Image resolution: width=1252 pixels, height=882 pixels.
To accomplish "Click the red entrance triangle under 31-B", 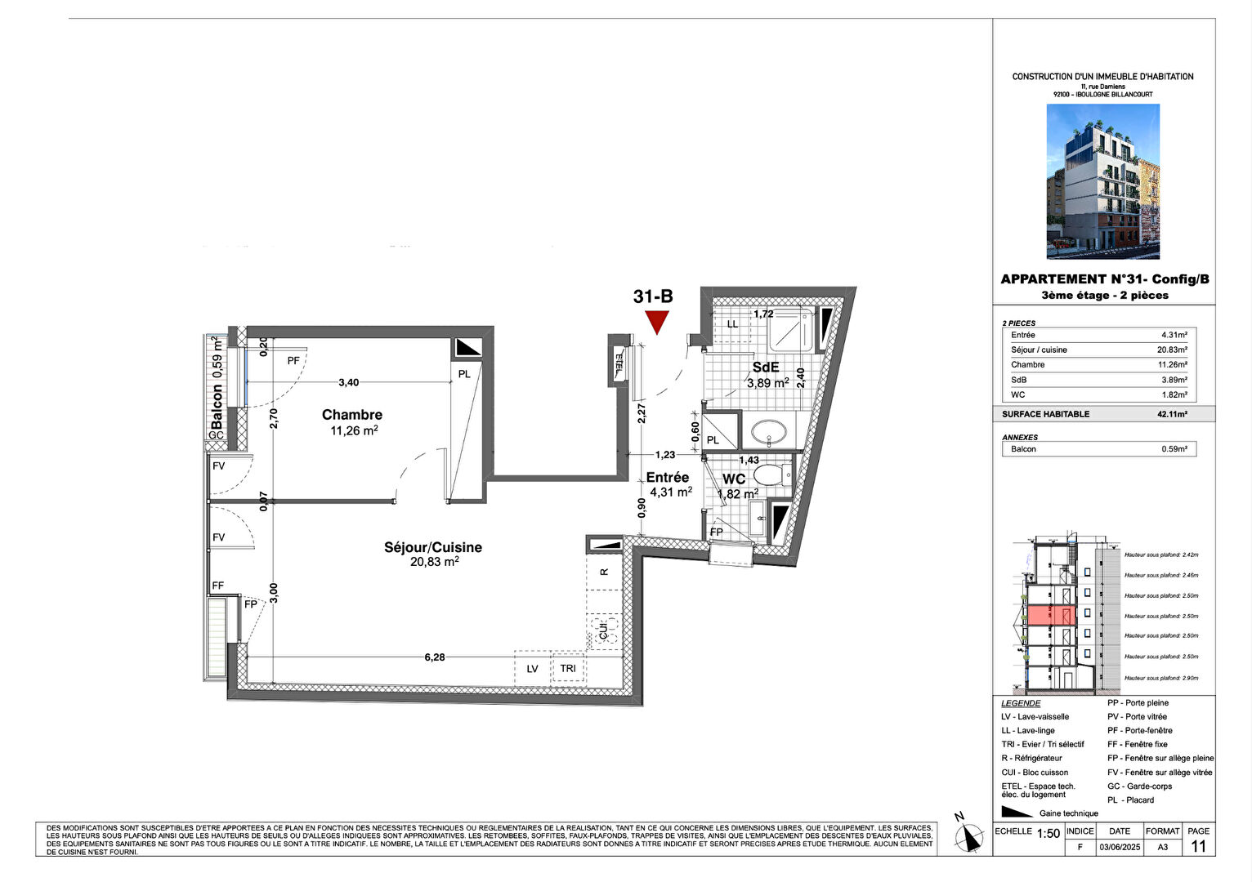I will (656, 321).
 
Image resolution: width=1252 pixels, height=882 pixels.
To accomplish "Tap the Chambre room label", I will (352, 415).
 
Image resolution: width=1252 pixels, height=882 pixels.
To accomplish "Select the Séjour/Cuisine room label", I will (433, 547).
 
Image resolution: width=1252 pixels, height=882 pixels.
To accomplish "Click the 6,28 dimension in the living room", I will (435, 657).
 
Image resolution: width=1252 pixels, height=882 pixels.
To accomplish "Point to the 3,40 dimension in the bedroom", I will (349, 382).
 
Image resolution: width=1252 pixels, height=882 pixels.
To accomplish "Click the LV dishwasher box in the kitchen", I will (532, 668).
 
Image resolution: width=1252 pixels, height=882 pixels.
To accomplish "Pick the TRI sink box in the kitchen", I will (568, 668).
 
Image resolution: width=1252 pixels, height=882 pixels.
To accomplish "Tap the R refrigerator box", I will (604, 572).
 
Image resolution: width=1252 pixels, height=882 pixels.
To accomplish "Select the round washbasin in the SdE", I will (768, 430).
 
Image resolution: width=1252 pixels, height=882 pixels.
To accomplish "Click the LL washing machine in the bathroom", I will (732, 324).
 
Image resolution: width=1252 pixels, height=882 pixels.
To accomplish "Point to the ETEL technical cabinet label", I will (619, 360).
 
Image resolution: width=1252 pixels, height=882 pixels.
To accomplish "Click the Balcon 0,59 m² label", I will (217, 382).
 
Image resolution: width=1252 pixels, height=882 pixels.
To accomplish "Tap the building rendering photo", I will (1102, 181).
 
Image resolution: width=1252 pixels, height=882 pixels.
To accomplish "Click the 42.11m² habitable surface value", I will (1172, 414).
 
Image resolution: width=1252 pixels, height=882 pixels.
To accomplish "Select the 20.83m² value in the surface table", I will (1172, 350).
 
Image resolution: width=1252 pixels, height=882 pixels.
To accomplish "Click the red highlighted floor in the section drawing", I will (1051, 616).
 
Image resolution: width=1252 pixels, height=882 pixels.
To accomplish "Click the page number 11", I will (1198, 847).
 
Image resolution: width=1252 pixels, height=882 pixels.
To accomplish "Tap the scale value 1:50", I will (1048, 834).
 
